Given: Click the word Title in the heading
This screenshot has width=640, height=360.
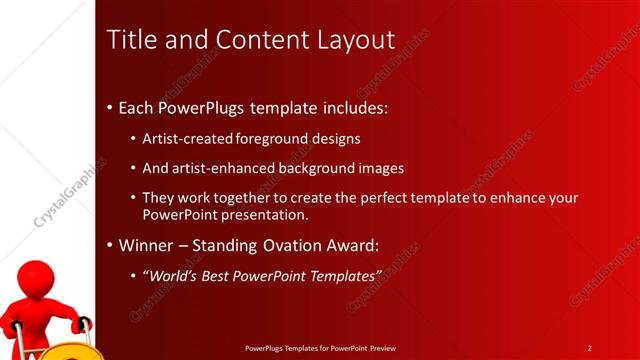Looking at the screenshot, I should pos(130,40).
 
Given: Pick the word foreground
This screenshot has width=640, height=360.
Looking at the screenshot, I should pos(277,138).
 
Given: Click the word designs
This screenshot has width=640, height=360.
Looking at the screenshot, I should pos(339,138).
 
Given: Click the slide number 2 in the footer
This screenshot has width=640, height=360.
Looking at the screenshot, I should pos(590,348).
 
